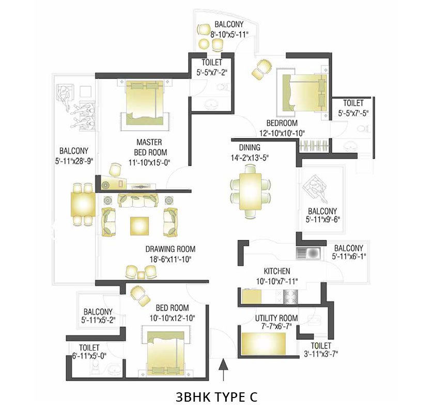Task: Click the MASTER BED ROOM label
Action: [x=149, y=147]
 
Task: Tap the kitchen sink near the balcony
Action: [x=308, y=252]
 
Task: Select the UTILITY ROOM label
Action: [x=276, y=318]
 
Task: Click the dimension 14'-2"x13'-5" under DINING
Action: [x=250, y=157]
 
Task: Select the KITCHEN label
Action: [x=277, y=271]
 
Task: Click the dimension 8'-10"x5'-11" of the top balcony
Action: [x=229, y=34]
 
